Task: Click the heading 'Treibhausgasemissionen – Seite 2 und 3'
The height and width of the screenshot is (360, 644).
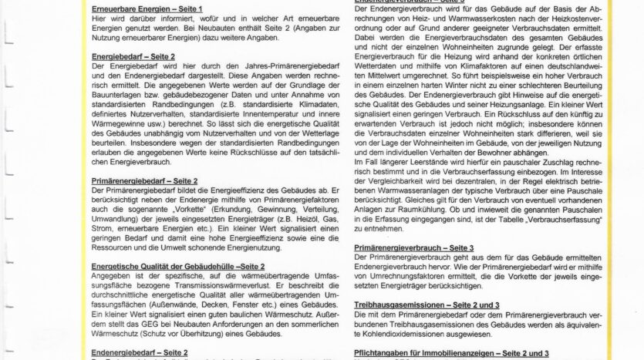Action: point(427,305)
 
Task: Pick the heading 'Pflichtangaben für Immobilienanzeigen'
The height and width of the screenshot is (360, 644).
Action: point(452,354)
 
